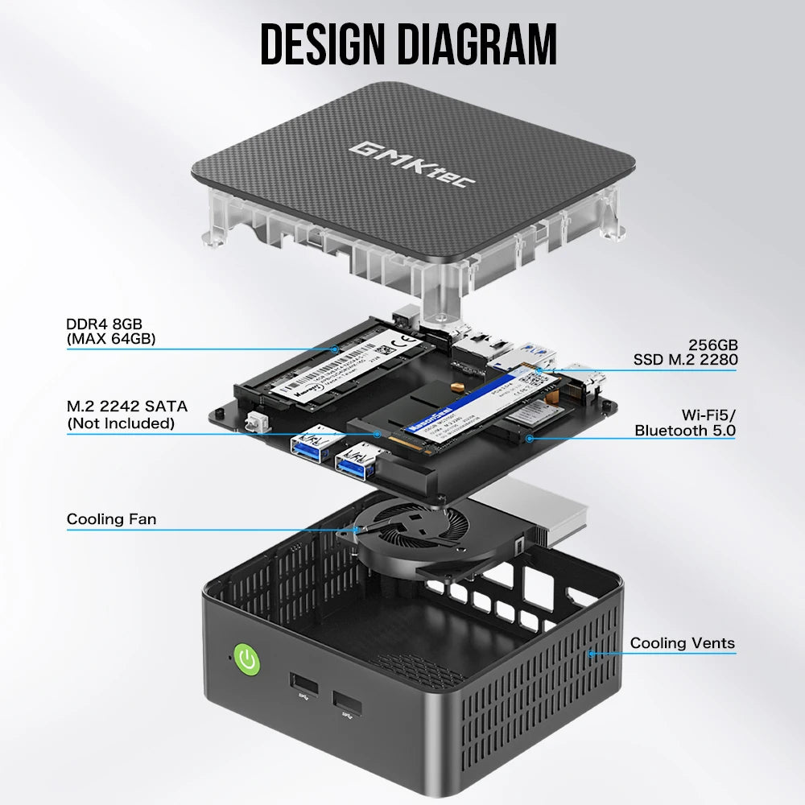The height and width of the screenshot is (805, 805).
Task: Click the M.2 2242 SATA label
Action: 121,407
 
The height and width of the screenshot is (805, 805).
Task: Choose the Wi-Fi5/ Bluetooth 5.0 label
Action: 684,423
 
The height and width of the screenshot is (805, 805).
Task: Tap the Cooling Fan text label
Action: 112,519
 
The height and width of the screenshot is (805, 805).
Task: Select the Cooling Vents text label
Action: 682,642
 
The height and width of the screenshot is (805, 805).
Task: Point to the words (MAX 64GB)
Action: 110,339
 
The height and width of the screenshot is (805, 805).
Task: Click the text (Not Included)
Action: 121,423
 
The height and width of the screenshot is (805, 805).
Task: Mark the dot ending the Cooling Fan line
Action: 354,530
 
